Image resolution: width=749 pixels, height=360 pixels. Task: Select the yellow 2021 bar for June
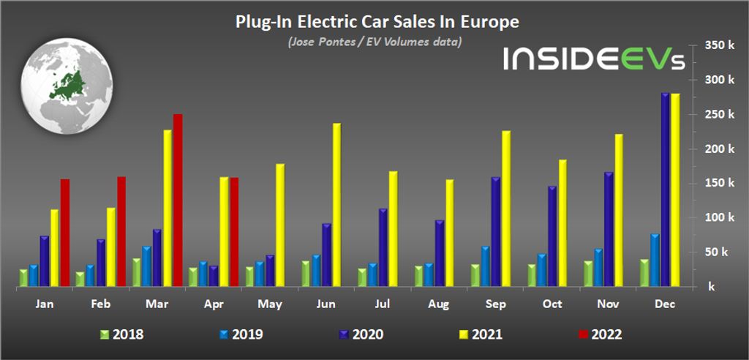click(x=336, y=204)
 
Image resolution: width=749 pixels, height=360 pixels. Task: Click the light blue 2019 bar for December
click(x=655, y=259)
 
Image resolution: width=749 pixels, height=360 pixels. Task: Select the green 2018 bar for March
click(x=136, y=271)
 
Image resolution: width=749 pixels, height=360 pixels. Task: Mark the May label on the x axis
click(x=269, y=304)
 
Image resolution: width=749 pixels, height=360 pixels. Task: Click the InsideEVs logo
click(x=593, y=59)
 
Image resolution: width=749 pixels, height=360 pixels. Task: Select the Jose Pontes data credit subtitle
click(x=374, y=42)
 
